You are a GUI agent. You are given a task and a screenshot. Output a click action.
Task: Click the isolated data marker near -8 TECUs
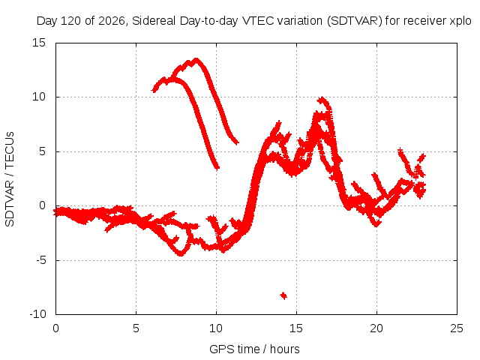pyautogui.click(x=283, y=295)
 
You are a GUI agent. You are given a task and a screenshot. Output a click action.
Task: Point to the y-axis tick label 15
pyautogui.click(x=39, y=43)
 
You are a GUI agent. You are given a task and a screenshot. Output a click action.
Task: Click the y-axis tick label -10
pyautogui.click(x=37, y=314)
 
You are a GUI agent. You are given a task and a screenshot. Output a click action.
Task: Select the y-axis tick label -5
pyautogui.click(x=41, y=260)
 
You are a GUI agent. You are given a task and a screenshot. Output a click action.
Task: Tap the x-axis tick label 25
pyautogui.click(x=457, y=328)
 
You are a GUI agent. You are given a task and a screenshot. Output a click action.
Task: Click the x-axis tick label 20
pyautogui.click(x=376, y=328)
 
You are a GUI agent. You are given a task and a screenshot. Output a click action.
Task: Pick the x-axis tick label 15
pyautogui.click(x=296, y=328)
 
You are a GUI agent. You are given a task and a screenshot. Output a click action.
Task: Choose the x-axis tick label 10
pyautogui.click(x=216, y=328)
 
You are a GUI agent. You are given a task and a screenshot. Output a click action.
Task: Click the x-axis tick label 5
pyautogui.click(x=136, y=328)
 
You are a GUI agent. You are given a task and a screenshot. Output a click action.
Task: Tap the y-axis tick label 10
pyautogui.click(x=39, y=97)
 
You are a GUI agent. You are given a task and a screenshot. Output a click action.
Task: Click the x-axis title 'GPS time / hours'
pyautogui.click(x=254, y=349)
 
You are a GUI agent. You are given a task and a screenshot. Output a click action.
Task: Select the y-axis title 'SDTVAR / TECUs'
pyautogui.click(x=10, y=179)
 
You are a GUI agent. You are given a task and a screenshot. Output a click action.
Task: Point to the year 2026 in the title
pyautogui.click(x=112, y=21)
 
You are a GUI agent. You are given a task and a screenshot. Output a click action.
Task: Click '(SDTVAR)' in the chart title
pyautogui.click(x=355, y=21)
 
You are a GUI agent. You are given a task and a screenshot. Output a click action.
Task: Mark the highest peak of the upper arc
pyautogui.click(x=196, y=60)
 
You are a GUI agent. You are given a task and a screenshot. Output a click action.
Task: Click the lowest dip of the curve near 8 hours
pyautogui.click(x=181, y=253)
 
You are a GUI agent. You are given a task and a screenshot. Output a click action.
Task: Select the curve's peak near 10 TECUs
pyautogui.click(x=322, y=99)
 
